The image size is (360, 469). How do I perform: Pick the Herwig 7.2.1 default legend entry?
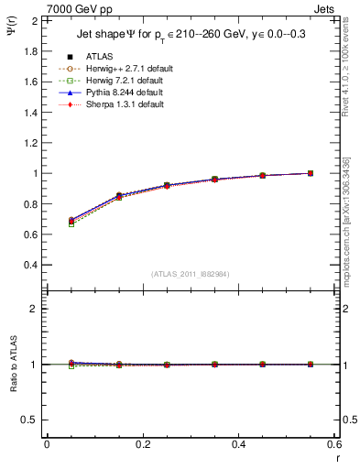coord(120,81)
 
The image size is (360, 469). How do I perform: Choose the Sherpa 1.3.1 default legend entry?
coord(118,104)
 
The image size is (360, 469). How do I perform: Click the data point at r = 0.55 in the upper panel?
coord(311,173)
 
